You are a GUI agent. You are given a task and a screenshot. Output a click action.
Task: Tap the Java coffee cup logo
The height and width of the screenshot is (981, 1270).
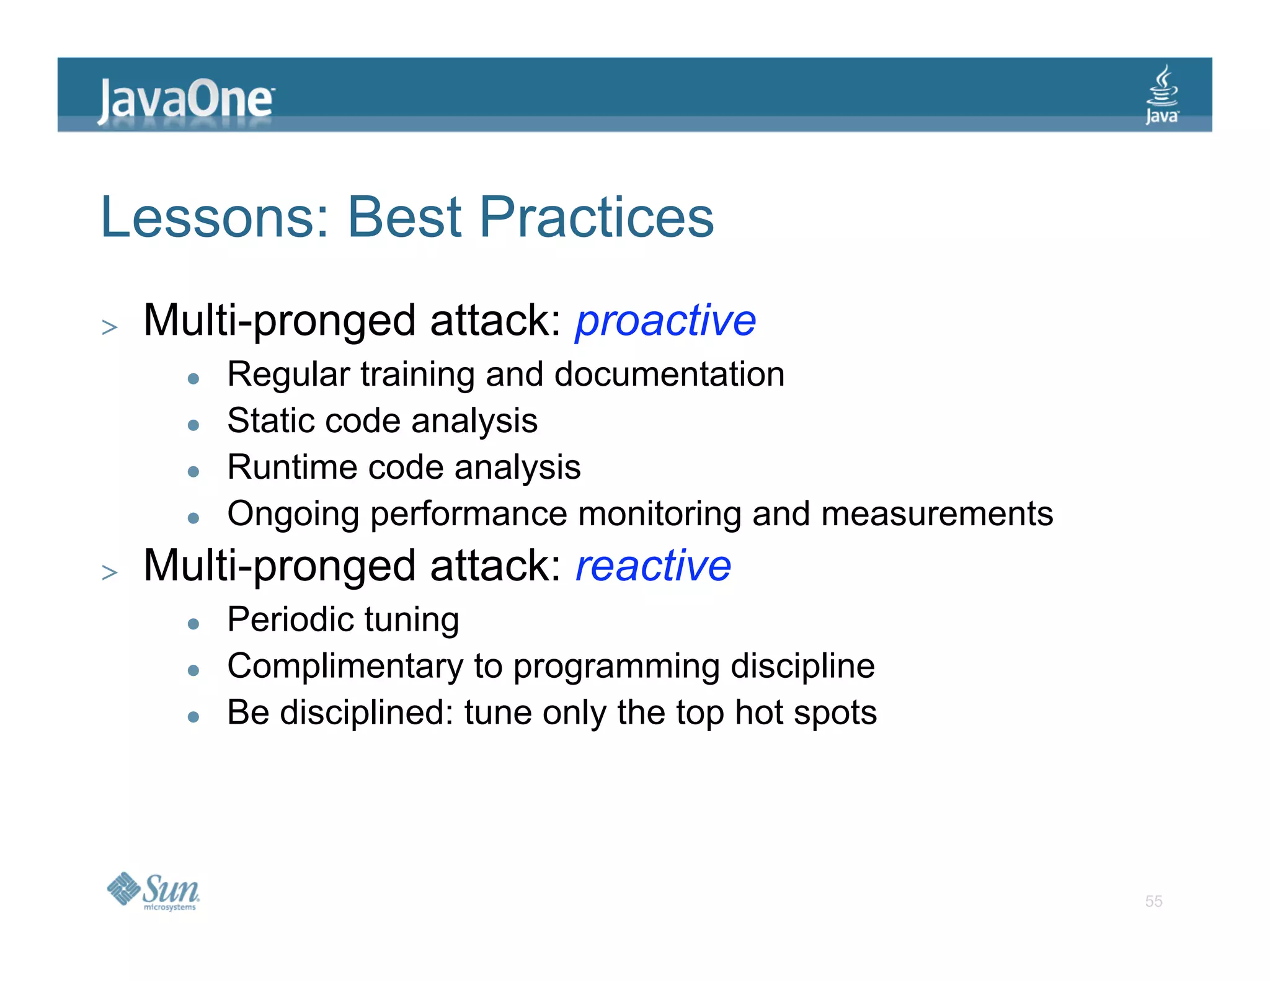[x=1161, y=94]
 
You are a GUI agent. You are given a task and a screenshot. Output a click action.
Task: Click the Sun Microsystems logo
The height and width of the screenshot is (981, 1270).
[x=153, y=891]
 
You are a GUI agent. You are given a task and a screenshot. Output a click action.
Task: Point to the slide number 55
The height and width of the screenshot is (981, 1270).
[x=1153, y=901]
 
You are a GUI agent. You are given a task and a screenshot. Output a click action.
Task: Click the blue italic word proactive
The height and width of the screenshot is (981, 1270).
[x=665, y=321]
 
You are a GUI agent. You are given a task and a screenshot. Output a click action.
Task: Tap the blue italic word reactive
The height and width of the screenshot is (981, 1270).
[x=653, y=566]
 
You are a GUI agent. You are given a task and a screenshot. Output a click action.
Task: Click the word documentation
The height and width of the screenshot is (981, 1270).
[x=669, y=375]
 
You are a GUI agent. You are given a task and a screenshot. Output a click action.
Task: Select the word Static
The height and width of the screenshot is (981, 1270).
[x=270, y=421]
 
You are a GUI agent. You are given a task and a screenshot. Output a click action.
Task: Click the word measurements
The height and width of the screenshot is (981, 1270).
[x=936, y=514]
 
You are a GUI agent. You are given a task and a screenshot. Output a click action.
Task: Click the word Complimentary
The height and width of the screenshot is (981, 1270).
[x=345, y=666]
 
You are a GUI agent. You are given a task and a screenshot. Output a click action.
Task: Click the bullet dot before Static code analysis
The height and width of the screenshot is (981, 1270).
[x=193, y=425]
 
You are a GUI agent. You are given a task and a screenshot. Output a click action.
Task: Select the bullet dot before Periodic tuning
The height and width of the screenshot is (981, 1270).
[x=193, y=623]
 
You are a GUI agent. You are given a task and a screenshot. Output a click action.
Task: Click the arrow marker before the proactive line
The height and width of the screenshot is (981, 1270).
[x=110, y=327]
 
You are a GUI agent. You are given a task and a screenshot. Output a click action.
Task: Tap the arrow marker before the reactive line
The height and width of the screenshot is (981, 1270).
[x=110, y=572]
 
